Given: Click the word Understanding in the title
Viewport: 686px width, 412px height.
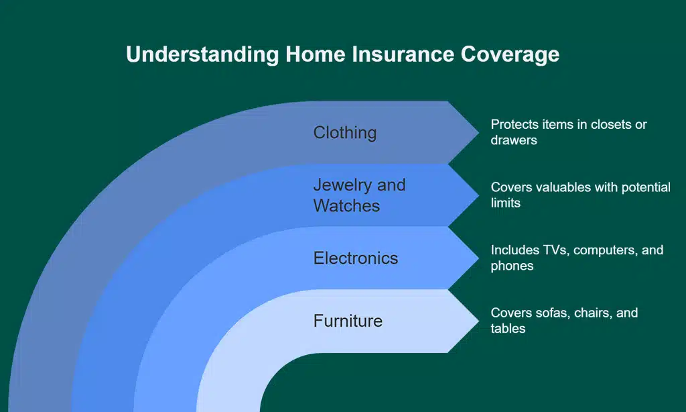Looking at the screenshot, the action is click(x=202, y=55).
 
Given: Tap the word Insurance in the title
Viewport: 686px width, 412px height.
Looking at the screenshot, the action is click(x=403, y=54).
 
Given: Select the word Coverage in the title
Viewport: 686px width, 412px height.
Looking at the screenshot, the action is click(x=510, y=55).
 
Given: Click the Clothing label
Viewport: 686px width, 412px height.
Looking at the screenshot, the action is click(x=345, y=133).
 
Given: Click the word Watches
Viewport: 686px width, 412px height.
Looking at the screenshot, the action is click(x=346, y=205).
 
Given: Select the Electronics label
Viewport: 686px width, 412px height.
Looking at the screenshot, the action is click(x=356, y=258).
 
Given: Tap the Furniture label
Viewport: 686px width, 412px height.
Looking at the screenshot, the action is click(x=348, y=321).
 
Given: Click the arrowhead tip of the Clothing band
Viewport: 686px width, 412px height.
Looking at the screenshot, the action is click(x=478, y=132).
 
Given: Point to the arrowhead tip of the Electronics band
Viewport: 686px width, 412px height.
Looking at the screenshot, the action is click(x=478, y=258).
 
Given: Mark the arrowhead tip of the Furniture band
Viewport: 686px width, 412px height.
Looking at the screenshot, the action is click(x=478, y=321).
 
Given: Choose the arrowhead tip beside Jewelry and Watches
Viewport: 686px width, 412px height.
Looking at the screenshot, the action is click(x=478, y=195).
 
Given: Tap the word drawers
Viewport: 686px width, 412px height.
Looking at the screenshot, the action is click(x=514, y=140).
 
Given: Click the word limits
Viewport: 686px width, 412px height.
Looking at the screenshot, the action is click(x=505, y=203).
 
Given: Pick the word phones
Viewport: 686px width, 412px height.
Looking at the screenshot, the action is click(x=512, y=266).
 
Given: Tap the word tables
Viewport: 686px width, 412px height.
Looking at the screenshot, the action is click(x=508, y=329).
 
